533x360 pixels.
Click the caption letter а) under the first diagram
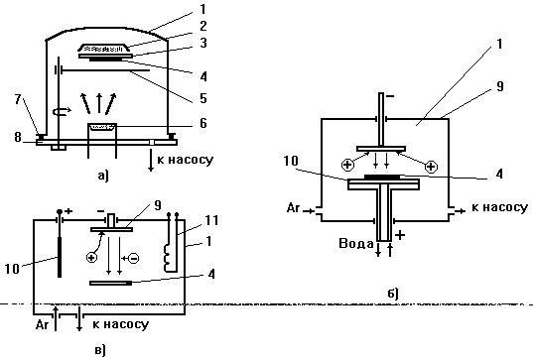coord(103,176)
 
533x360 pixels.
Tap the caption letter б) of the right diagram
coord(393,294)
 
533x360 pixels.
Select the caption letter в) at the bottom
coord(100,350)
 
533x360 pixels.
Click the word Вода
coord(356,244)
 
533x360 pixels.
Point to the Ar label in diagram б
coord(293,207)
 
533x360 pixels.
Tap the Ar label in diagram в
coord(42,325)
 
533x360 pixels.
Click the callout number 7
coord(18,99)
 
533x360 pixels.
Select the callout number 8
coord(18,137)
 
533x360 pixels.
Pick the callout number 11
coord(211,220)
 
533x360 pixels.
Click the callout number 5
coord(203,98)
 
